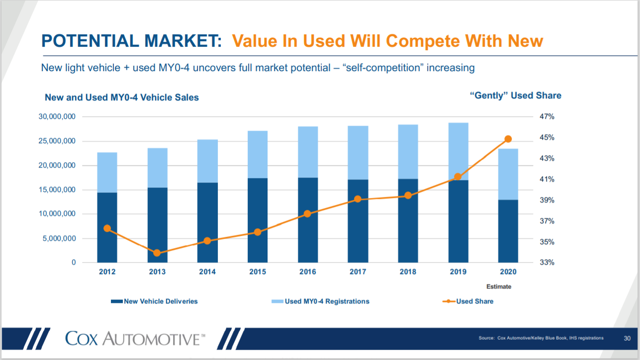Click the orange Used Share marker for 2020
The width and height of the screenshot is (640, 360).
[508, 139]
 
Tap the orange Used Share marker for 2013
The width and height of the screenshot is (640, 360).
[157, 253]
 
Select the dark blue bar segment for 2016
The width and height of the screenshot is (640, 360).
[308, 220]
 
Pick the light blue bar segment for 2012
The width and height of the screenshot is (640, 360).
[107, 173]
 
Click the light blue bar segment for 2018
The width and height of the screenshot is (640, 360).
[408, 152]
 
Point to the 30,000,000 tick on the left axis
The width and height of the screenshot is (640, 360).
[57, 116]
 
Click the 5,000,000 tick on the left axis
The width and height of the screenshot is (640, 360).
[60, 239]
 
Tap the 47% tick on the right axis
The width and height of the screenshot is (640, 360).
[547, 116]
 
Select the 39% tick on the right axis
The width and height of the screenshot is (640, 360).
[547, 200]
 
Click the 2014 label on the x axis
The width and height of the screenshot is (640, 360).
[207, 271]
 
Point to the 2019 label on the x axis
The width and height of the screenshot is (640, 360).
[458, 271]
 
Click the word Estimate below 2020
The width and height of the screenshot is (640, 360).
[499, 286]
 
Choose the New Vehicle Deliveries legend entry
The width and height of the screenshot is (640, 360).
[154, 301]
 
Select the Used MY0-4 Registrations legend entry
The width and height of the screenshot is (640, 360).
[320, 301]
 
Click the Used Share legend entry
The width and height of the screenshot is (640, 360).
[468, 301]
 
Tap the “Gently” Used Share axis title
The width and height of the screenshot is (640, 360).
[516, 95]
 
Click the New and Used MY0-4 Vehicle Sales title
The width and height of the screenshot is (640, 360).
[122, 97]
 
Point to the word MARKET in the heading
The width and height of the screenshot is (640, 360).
[183, 41]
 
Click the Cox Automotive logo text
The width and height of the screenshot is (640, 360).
[135, 339]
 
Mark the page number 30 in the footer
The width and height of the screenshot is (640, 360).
[627, 339]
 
